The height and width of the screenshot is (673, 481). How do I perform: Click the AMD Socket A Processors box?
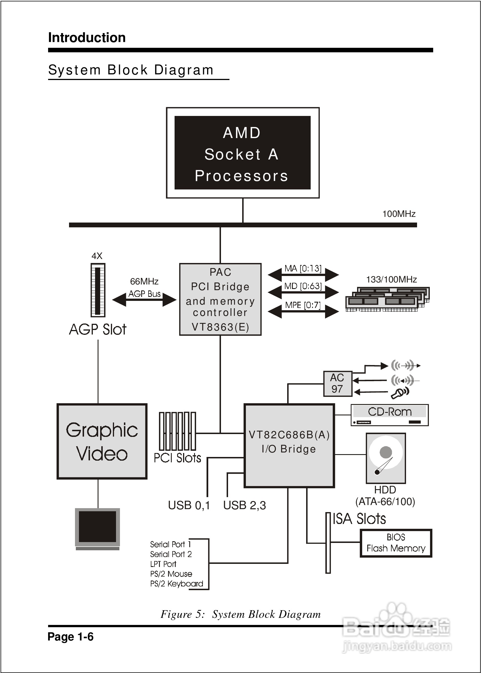pos(242,153)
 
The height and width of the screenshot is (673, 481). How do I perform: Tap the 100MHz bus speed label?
pos(399,214)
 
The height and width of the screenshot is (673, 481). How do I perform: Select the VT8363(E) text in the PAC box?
pos(220,327)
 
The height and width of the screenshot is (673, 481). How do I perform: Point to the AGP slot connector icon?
pos(98,290)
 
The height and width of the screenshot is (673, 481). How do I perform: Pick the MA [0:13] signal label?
pos(303,268)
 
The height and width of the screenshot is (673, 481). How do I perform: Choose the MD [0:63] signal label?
pos(303,286)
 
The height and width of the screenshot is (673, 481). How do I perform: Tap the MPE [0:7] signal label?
pos(303,305)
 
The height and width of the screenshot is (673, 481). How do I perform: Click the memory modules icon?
pos(387,299)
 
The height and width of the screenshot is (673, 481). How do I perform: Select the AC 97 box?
pos(337,383)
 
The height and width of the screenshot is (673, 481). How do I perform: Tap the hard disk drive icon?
pos(386,458)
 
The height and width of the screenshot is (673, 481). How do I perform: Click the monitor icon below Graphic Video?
pos(97,528)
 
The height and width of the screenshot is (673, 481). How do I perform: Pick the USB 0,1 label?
pos(189,506)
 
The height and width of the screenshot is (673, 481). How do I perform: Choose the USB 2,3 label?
pos(244,506)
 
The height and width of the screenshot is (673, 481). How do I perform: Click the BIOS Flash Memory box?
pos(396,543)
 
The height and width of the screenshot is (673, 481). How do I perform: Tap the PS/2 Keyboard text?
pos(177,584)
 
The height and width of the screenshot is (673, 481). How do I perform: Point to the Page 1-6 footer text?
pos(70,637)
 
